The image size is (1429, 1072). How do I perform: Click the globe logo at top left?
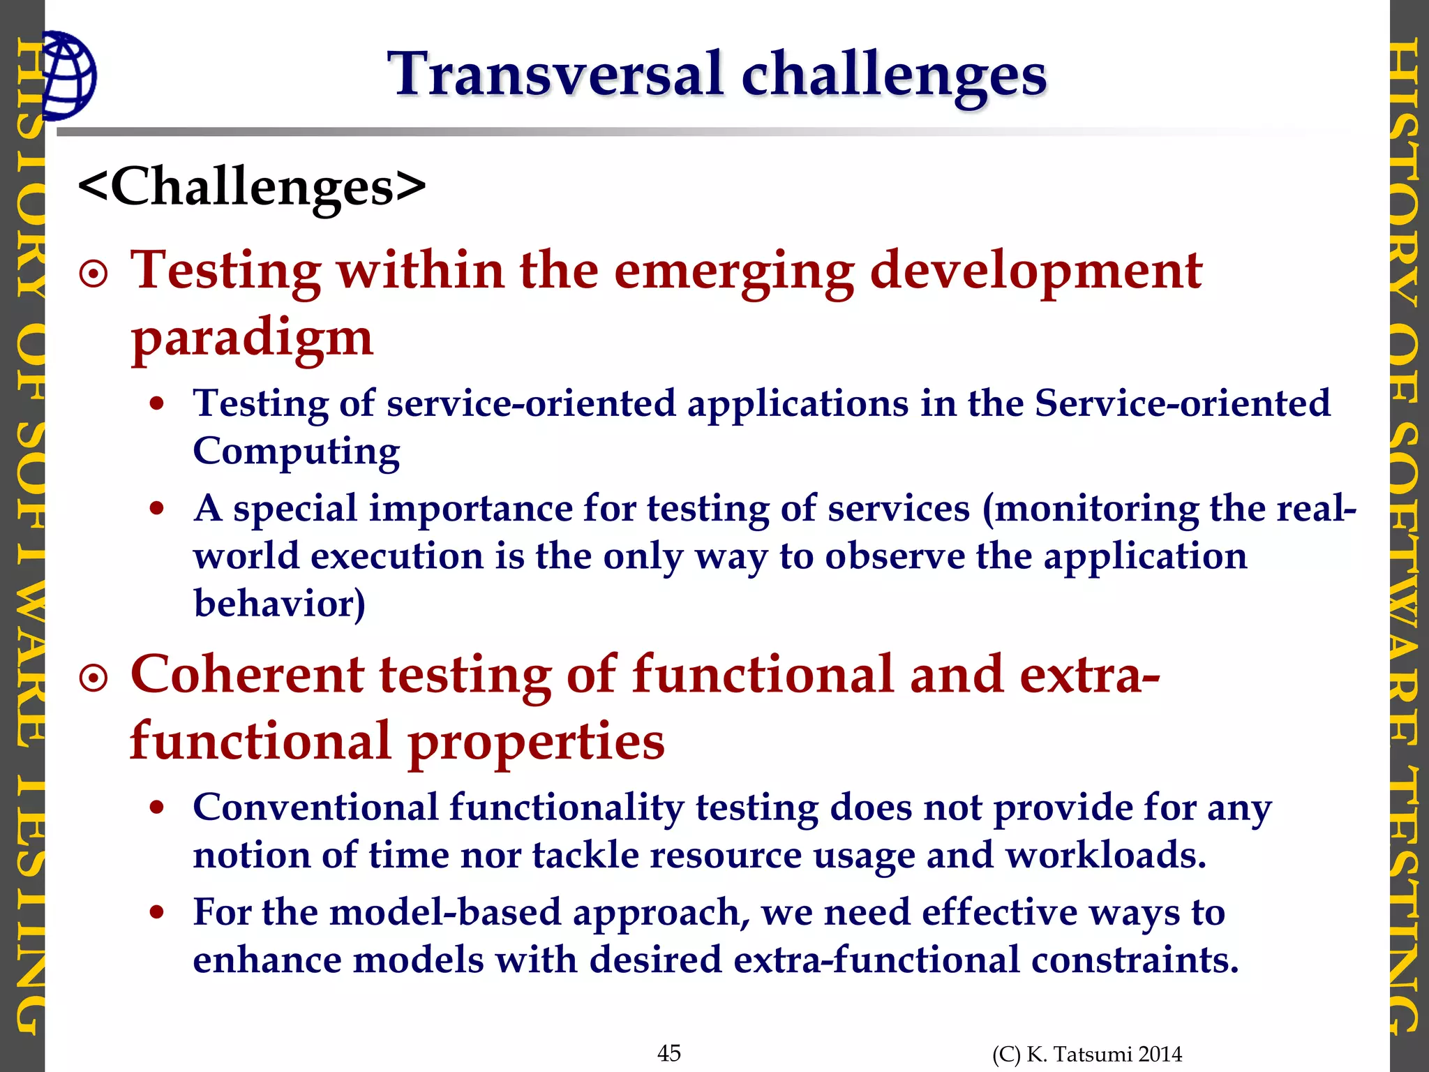(68, 75)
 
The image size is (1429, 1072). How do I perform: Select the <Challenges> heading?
(251, 187)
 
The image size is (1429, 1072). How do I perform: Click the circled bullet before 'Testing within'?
(94, 274)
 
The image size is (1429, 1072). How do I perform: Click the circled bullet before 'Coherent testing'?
(94, 678)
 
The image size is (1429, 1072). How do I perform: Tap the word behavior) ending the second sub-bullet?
(279, 603)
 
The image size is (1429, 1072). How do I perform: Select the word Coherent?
(247, 674)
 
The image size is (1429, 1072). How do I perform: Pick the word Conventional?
(315, 808)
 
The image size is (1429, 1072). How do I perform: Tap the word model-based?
(445, 912)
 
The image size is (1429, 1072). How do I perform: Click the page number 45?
(669, 1052)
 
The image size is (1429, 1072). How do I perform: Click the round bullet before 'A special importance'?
(157, 508)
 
